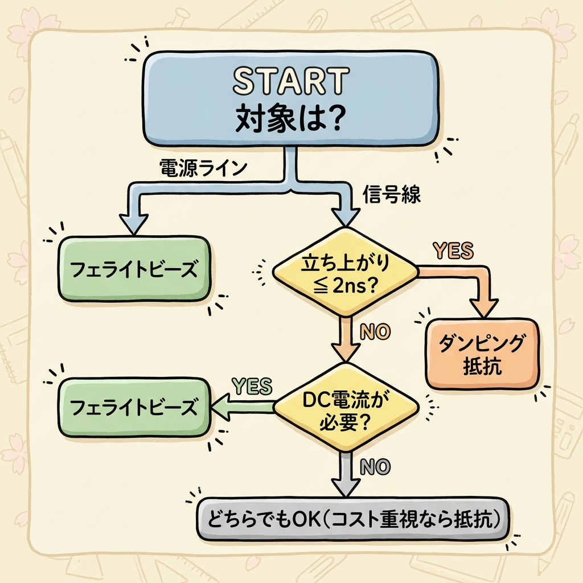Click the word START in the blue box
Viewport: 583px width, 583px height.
pyautogui.click(x=290, y=81)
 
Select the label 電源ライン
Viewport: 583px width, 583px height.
pyautogui.click(x=204, y=169)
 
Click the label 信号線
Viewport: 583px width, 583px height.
pyautogui.click(x=392, y=195)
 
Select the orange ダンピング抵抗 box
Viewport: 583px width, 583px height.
pyautogui.click(x=482, y=354)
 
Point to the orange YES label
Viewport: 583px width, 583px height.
pyautogui.click(x=453, y=250)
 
